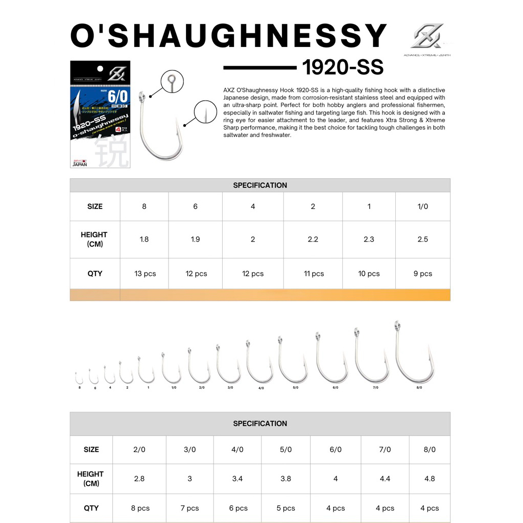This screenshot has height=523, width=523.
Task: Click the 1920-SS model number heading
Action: [x=343, y=67]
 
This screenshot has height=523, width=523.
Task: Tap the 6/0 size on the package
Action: [x=117, y=97]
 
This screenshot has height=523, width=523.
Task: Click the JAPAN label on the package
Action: [x=79, y=163]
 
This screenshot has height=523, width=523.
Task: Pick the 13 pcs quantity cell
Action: [x=145, y=274]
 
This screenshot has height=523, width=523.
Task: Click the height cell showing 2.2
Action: [x=313, y=239]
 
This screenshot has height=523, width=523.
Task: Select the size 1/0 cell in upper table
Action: [x=422, y=206]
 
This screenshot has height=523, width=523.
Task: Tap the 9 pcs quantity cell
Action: [x=422, y=274]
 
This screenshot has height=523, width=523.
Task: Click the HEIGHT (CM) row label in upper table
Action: [x=94, y=239]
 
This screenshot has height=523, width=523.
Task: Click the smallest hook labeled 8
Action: [x=79, y=378]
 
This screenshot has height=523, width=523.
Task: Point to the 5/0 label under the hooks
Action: [x=295, y=388]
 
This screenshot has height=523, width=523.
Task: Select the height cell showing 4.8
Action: [x=430, y=479]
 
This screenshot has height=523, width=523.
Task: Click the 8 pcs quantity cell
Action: [x=140, y=508]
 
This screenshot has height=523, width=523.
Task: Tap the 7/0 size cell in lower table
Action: [x=385, y=449]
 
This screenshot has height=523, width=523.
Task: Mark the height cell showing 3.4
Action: [x=237, y=479]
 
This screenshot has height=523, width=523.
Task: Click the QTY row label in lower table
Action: [x=91, y=508]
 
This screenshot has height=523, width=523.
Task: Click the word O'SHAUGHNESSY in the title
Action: [x=228, y=37]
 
